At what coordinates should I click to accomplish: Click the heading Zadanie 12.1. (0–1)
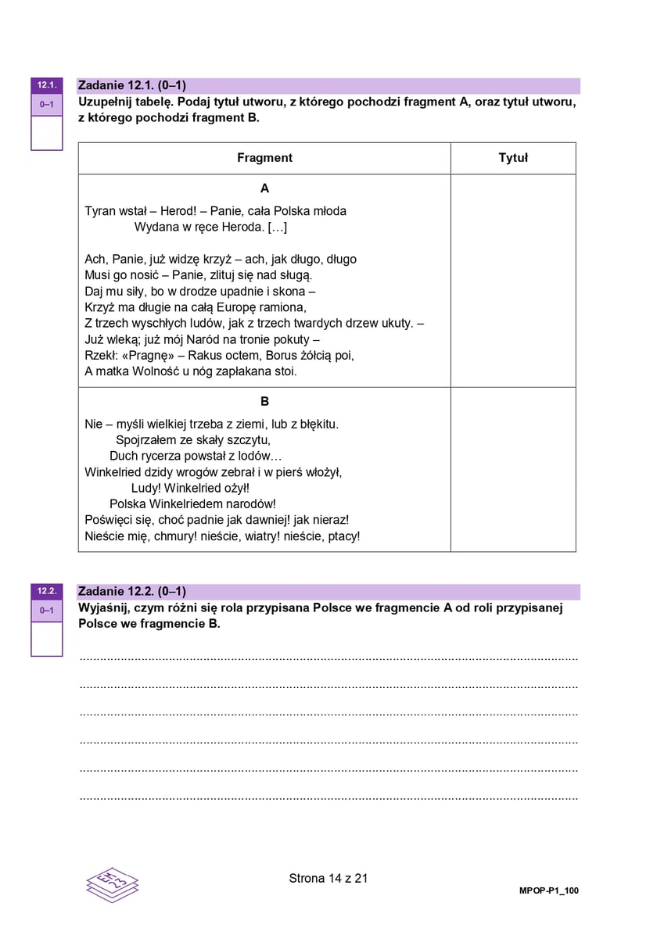[x=132, y=86]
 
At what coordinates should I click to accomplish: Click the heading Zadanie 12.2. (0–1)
[x=132, y=592]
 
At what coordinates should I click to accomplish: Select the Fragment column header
[x=264, y=158]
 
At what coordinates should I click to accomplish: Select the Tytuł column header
[x=513, y=158]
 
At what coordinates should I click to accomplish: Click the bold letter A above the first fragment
[x=264, y=188]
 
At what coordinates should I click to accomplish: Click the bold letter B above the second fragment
[x=264, y=401]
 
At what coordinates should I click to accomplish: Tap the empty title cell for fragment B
[x=513, y=469]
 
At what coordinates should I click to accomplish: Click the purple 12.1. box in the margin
[x=46, y=85]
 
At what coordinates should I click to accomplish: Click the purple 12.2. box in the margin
[x=46, y=591]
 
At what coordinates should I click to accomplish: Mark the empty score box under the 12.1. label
[x=46, y=133]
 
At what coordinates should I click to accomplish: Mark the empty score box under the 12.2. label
[x=46, y=639]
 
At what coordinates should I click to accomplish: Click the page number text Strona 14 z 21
[x=328, y=878]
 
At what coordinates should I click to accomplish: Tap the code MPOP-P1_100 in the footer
[x=548, y=890]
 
